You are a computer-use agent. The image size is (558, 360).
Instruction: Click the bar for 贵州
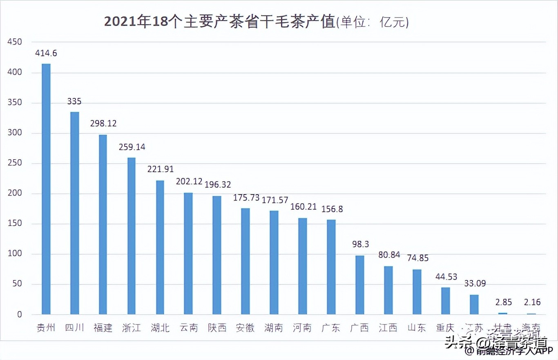click(46, 189)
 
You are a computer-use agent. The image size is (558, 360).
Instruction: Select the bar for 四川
click(74, 213)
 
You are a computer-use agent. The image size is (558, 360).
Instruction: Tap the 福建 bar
click(103, 224)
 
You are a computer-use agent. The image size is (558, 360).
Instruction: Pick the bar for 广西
click(359, 285)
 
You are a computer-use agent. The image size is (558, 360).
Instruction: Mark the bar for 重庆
click(445, 301)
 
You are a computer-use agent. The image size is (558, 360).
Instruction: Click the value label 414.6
click(46, 53)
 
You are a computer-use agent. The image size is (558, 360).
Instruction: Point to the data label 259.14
click(132, 147)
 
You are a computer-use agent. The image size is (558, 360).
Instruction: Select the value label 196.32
click(217, 185)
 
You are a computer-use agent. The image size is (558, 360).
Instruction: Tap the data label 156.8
click(332, 209)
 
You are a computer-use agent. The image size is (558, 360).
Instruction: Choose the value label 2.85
click(502, 302)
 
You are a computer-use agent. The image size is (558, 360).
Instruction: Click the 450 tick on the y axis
click(14, 42)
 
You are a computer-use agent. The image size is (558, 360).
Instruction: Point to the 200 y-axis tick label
click(14, 193)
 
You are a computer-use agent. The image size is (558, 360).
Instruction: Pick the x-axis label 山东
click(417, 328)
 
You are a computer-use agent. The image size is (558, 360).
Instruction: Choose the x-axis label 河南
click(302, 328)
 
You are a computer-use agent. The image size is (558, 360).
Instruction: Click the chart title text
click(256, 22)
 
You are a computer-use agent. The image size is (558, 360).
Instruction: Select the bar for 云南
click(188, 253)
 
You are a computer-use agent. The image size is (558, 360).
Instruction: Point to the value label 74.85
click(417, 258)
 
